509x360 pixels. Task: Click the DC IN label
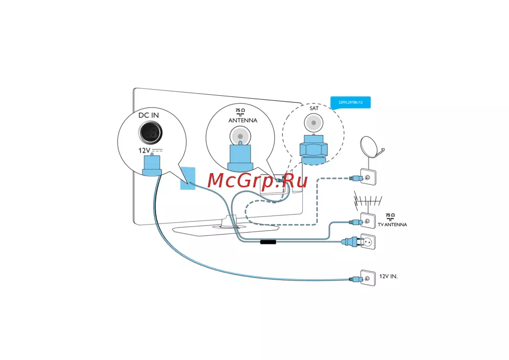(x=149, y=115)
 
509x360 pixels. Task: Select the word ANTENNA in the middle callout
(x=242, y=121)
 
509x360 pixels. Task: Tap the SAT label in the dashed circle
(x=314, y=108)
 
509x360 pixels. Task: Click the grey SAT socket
(x=313, y=122)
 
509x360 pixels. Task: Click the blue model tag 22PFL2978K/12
(x=350, y=103)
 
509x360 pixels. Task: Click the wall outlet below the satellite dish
(x=368, y=177)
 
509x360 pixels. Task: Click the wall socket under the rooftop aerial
(x=367, y=221)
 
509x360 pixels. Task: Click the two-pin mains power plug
(x=348, y=243)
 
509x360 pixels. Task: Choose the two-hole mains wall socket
(x=367, y=242)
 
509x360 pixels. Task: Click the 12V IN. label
(x=388, y=276)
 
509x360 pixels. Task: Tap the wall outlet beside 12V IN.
(x=367, y=278)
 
